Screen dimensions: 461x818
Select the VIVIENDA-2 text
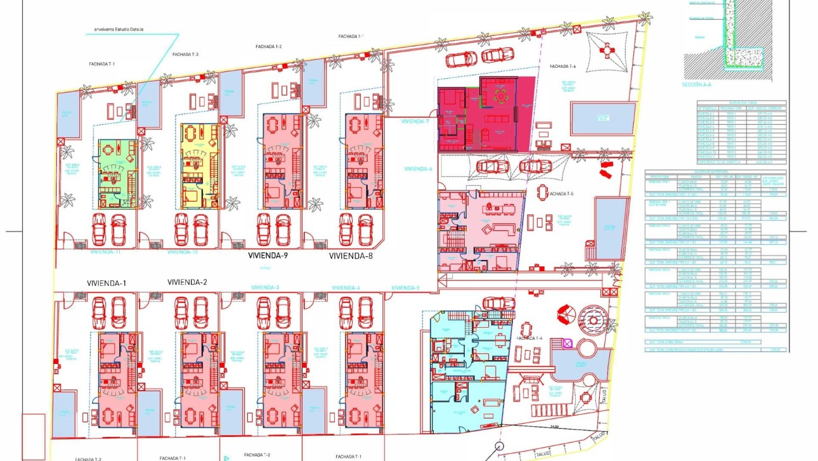pos(187,282)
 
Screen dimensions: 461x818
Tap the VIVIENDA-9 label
pos(268,257)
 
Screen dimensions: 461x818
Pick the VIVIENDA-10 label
pos(183,252)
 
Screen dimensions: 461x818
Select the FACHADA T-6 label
pos(562,67)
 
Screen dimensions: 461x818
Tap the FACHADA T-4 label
pos(529,339)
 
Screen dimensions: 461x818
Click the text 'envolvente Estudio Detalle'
pos(119,29)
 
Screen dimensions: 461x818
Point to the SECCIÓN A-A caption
pos(696,84)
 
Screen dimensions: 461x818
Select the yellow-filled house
pos(199,166)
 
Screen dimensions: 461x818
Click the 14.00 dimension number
pos(554,427)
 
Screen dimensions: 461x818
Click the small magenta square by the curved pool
pos(567,344)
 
